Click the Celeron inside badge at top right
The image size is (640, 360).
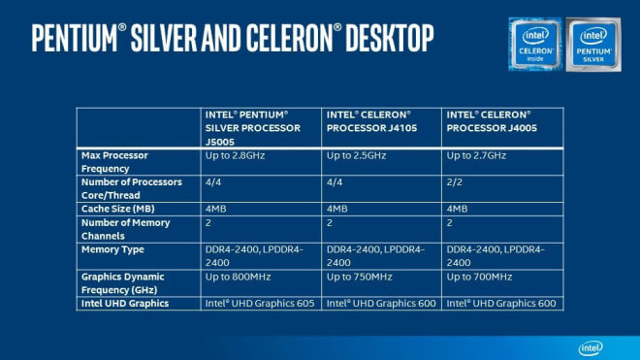[x=534, y=44]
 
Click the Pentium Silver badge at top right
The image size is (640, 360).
[x=592, y=44]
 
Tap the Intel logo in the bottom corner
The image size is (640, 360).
[x=591, y=347]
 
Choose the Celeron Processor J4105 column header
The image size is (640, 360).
[x=371, y=120]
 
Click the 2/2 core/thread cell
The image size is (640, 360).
[x=454, y=181]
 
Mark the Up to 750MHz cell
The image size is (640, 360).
[x=359, y=277]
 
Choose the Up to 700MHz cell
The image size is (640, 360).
[x=479, y=277]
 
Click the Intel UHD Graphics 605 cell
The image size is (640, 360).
[x=260, y=304]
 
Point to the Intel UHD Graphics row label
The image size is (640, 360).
[x=127, y=304]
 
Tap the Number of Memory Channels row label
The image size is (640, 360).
[x=127, y=229]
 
